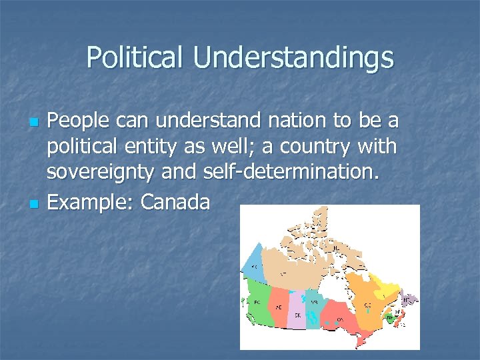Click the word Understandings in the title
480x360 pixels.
(293, 59)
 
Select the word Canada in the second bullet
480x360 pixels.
(175, 202)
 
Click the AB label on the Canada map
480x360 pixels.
(278, 307)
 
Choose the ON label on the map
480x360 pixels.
(340, 319)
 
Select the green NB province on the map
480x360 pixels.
(389, 318)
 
